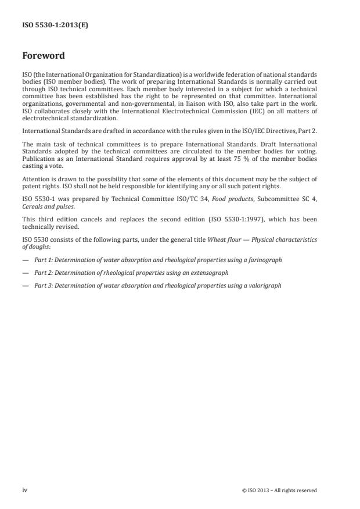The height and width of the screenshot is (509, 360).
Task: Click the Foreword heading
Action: point(43,56)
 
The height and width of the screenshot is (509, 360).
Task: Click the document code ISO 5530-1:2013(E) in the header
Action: point(55,26)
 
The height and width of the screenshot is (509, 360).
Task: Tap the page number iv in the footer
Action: point(24,490)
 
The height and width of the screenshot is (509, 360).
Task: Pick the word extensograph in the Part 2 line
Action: point(210,272)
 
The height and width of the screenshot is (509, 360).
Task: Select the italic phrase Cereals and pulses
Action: point(50,207)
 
